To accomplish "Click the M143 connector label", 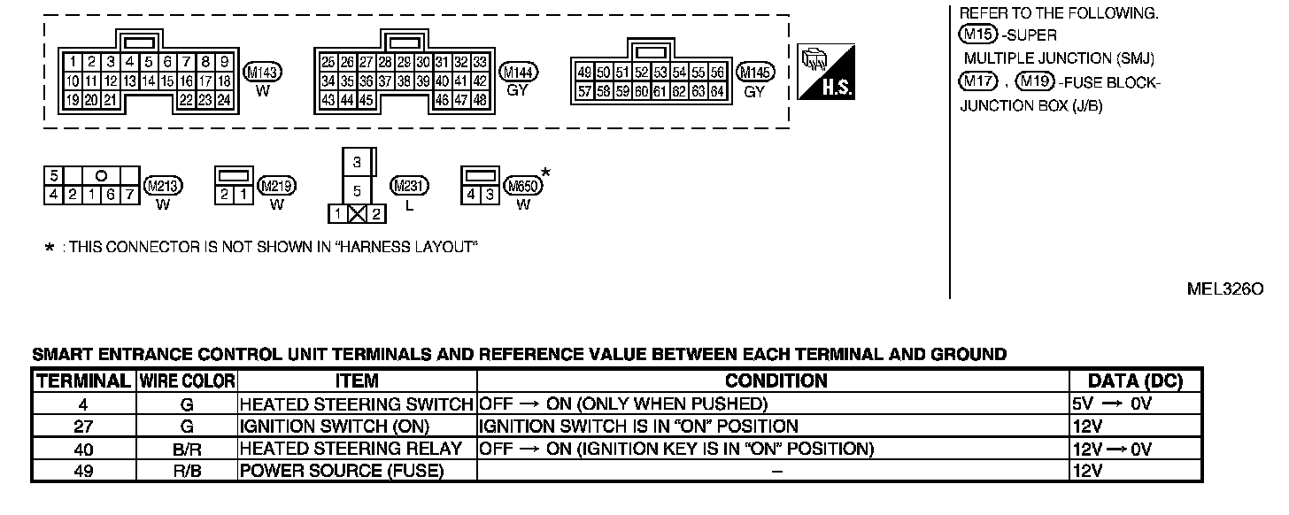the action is (x=262, y=73).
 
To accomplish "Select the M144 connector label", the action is (x=518, y=73).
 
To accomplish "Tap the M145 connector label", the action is (x=754, y=73).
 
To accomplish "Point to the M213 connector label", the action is (x=162, y=186).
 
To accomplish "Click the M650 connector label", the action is (x=522, y=186).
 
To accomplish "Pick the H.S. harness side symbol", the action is (x=826, y=71).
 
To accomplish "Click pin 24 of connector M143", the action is (x=224, y=100).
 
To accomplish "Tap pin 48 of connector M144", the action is (x=479, y=100).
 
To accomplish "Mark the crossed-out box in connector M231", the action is (x=357, y=213).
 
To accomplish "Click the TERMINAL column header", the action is (x=83, y=381).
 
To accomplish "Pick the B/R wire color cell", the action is (x=187, y=449).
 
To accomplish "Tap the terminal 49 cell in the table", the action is (x=83, y=471).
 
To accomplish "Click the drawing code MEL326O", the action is (x=1225, y=289).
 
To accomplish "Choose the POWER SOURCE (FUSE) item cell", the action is (x=341, y=471).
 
